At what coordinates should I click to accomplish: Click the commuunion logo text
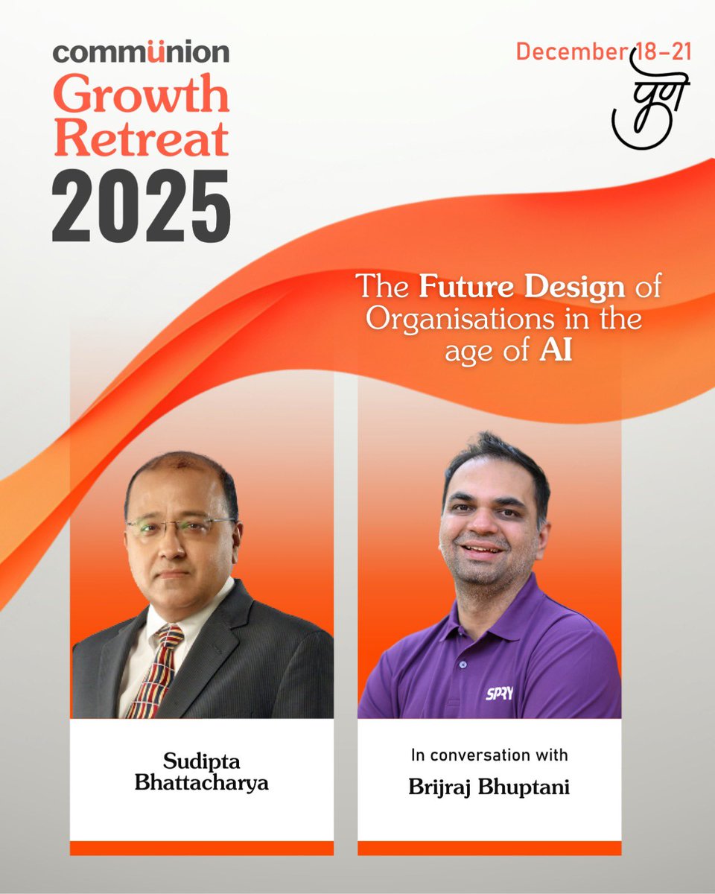141,52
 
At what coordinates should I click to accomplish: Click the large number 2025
141,204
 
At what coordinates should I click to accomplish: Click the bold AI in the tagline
556,351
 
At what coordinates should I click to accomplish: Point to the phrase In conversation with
489,755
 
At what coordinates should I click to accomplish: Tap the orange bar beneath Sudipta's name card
202,848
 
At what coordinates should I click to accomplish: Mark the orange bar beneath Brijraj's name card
489,848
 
